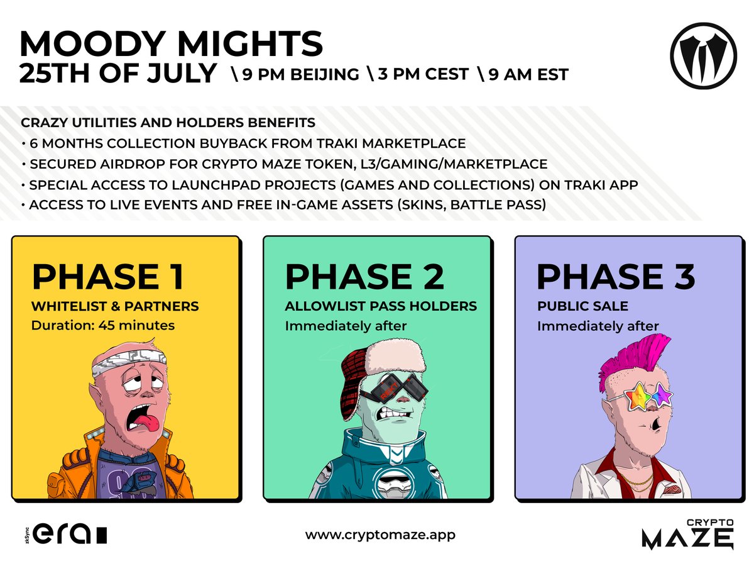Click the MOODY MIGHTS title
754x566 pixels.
pos(171,44)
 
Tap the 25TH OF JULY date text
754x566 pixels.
pos(117,74)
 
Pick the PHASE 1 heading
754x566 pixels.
pos(107,277)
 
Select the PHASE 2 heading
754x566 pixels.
pos(364,277)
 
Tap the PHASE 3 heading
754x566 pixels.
pos(616,277)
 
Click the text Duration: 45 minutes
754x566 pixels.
pos(103,326)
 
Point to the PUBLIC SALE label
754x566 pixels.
pos(582,307)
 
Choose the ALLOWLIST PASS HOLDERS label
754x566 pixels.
pos(381,307)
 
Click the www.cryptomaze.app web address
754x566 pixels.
pos(380,535)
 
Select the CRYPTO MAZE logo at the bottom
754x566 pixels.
pos(687,534)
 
